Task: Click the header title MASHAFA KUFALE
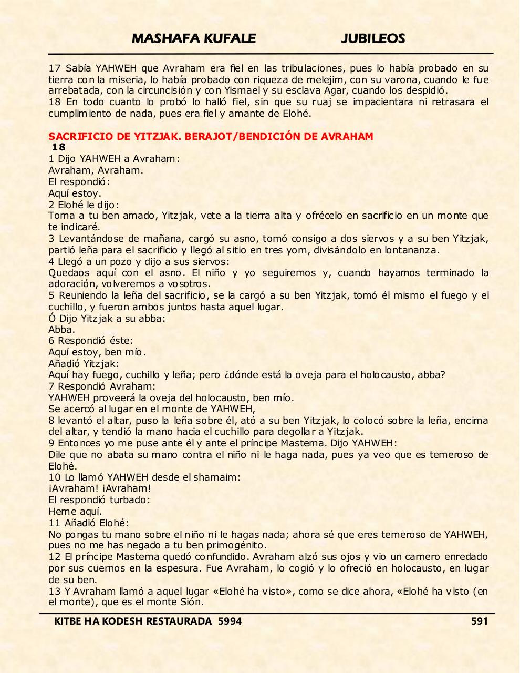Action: pyautogui.click(x=194, y=38)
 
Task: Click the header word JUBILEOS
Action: pyautogui.click(x=372, y=38)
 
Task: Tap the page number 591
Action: pyautogui.click(x=480, y=621)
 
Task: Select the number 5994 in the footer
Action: pyautogui.click(x=230, y=621)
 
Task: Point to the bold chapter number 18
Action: pyautogui.click(x=59, y=147)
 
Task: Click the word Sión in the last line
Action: pyautogui.click(x=194, y=603)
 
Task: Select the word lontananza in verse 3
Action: pyautogui.click(x=412, y=250)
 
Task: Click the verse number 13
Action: pyautogui.click(x=54, y=592)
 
